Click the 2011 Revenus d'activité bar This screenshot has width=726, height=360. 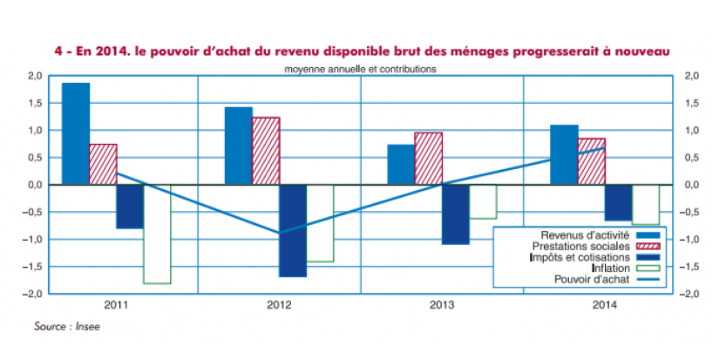(x=75, y=133)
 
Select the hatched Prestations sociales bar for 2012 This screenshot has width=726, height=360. (x=266, y=151)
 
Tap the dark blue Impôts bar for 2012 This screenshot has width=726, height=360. (x=293, y=230)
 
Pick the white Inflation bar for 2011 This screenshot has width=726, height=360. (x=157, y=234)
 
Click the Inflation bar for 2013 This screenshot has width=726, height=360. (x=482, y=201)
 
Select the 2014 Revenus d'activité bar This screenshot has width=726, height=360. (x=564, y=155)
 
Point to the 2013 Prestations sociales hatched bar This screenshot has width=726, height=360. (x=428, y=159)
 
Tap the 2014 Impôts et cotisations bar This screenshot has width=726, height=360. (x=618, y=202)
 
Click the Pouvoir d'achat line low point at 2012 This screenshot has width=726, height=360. (x=279, y=234)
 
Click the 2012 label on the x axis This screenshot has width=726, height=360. (x=279, y=306)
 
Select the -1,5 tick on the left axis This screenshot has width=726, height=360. (x=33, y=267)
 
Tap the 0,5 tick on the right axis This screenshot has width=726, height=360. (x=690, y=158)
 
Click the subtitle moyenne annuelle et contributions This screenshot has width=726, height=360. (x=360, y=67)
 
